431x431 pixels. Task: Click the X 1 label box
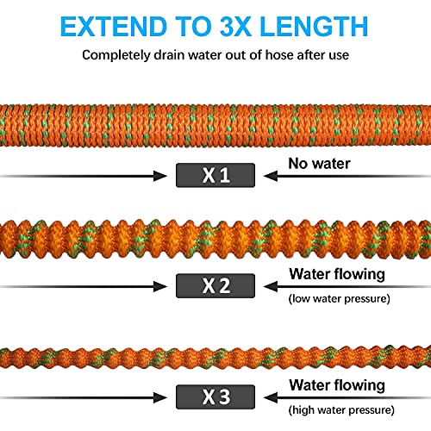tap(215, 175)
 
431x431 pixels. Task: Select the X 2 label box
tap(215, 285)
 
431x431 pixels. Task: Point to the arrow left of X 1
tap(86, 175)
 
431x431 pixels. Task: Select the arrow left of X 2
tap(86, 285)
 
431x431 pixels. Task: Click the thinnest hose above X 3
tap(215, 354)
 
